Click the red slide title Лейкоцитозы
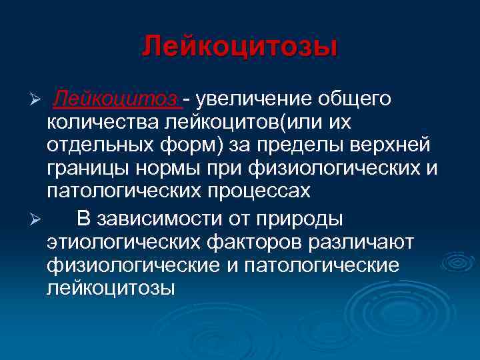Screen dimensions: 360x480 (x=240, y=47)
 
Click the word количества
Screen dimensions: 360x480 (x=99, y=123)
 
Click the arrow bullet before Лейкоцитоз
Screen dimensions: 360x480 (x=38, y=100)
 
